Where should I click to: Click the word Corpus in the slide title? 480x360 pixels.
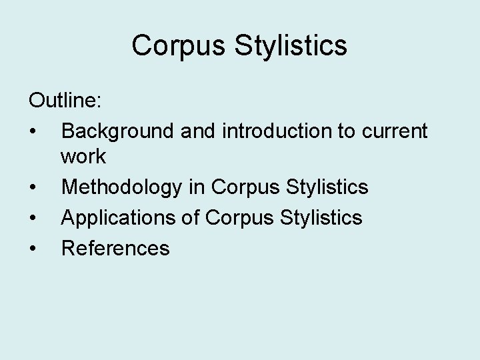pyautogui.click(x=171, y=46)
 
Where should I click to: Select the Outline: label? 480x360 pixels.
pyautogui.click(x=65, y=101)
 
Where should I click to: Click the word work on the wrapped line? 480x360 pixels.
pyautogui.click(x=83, y=157)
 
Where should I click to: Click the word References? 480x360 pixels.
pyautogui.click(x=115, y=249)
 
